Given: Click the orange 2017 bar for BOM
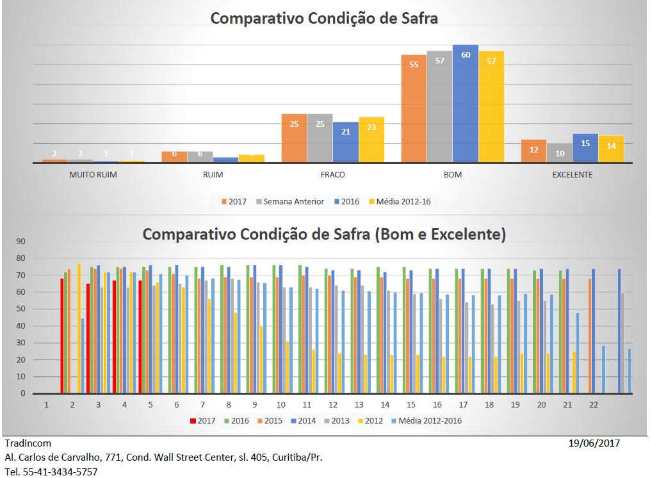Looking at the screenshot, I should tap(414, 109).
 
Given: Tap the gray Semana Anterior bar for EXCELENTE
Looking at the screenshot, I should tap(559, 152).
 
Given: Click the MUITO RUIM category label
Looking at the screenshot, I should tap(93, 175).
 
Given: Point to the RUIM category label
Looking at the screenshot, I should tap(213, 175).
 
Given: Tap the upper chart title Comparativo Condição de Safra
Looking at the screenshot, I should tap(324, 18).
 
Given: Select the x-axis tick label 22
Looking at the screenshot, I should tap(594, 405).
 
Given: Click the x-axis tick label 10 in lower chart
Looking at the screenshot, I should tap(281, 405).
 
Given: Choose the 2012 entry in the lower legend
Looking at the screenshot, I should tap(374, 421).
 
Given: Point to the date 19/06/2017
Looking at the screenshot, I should tap(594, 443).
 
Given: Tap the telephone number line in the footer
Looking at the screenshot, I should tap(51, 472).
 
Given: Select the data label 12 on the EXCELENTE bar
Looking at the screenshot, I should tap(533, 149).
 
